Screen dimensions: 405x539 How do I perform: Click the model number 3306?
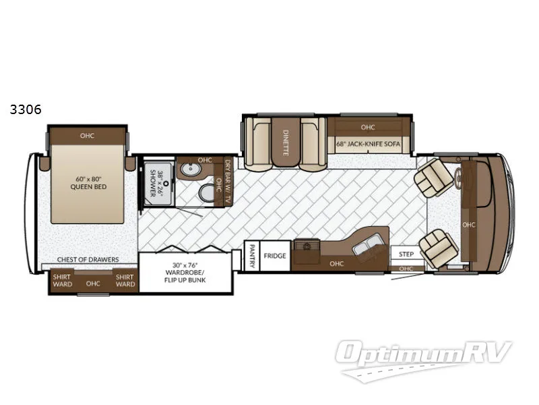click(25, 110)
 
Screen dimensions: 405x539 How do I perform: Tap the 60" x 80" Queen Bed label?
click(87, 183)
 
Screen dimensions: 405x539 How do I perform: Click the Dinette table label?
click(286, 143)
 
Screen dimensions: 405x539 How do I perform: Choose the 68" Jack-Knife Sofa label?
click(367, 143)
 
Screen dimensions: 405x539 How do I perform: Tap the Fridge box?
click(275, 256)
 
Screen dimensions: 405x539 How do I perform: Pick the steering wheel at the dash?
click(459, 180)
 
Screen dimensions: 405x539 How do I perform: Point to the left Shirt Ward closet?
click(62, 280)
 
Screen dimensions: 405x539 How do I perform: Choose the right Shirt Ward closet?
click(125, 280)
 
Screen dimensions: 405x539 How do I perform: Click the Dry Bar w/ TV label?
click(228, 177)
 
